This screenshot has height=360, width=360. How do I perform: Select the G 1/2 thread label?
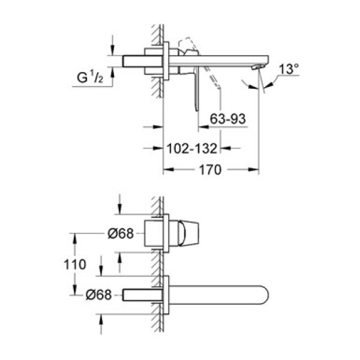coord(92,77)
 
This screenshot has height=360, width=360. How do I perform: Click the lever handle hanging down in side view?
coord(196,90)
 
